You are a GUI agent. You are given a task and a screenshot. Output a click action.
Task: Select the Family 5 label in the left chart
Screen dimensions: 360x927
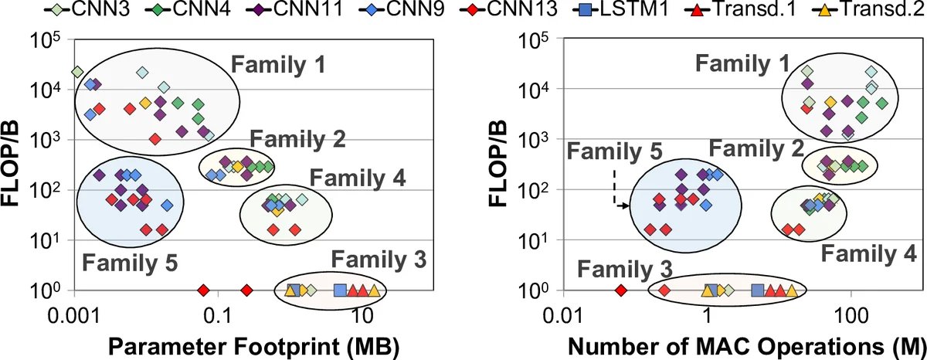pyautogui.click(x=129, y=262)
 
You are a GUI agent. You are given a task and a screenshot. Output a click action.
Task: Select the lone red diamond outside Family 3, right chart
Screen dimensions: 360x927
pyautogui.click(x=620, y=290)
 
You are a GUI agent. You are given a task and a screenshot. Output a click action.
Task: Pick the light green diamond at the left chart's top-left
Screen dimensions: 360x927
pyautogui.click(x=76, y=72)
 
